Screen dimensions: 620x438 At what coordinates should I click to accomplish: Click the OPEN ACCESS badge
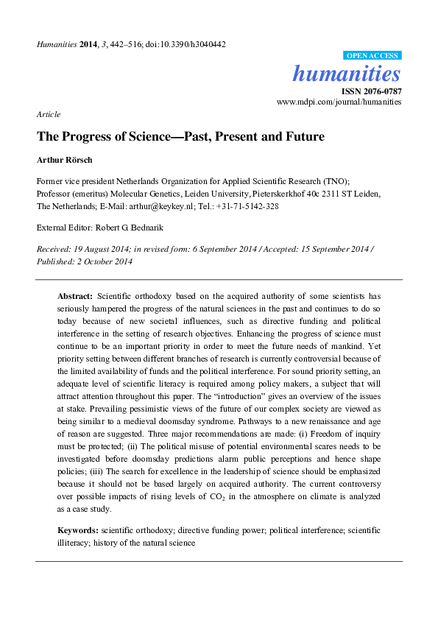point(372,55)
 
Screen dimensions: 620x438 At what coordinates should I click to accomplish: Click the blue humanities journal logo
point(347,74)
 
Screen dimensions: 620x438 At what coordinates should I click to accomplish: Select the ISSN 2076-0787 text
point(370,91)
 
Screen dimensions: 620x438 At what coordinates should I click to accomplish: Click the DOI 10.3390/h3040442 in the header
point(189,44)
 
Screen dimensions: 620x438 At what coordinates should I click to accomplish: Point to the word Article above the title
point(48,114)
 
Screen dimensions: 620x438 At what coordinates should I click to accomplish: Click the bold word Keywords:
point(78,530)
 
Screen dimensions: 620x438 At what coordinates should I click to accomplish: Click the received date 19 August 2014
point(99,250)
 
